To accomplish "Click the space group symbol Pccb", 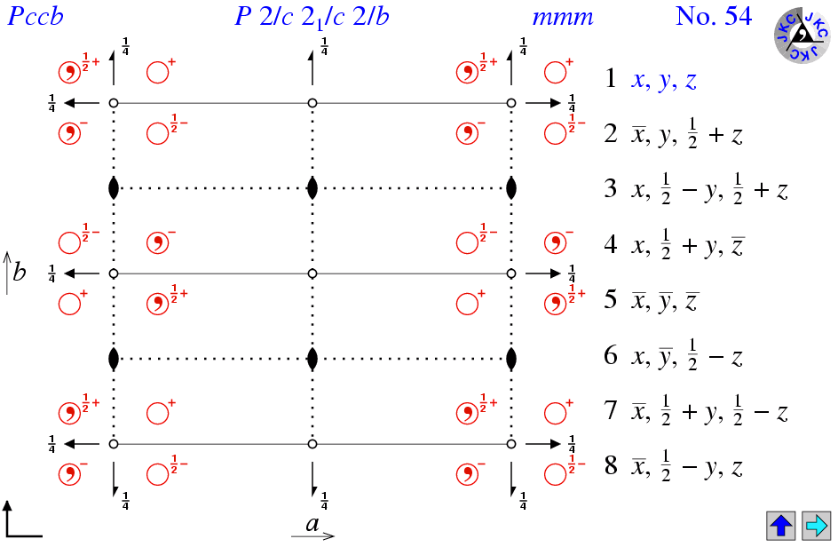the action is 36,16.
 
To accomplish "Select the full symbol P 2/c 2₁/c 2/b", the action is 312,17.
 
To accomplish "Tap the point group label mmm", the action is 563,18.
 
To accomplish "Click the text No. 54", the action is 714,16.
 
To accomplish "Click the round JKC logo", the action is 802,36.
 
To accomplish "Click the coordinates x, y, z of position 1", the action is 664,80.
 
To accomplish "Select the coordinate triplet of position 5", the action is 664,301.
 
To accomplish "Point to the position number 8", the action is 611,465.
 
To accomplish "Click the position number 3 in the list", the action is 611,188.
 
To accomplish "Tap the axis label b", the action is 20,272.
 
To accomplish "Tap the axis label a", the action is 312,523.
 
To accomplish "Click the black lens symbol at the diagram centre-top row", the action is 312,188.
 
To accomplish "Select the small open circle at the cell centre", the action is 312,273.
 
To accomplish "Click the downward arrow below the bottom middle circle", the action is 312,479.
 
